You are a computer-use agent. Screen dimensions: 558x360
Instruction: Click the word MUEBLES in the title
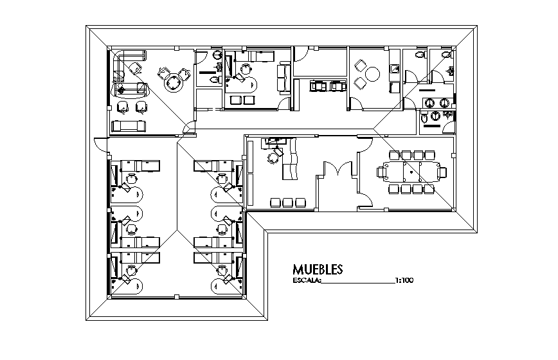tap(318, 269)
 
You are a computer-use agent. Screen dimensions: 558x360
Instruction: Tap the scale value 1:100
tap(404, 280)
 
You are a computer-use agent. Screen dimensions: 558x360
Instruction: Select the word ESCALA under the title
tap(307, 280)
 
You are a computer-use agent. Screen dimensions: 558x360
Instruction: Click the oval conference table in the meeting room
tap(411, 172)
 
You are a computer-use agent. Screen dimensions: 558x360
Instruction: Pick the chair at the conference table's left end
tap(381, 172)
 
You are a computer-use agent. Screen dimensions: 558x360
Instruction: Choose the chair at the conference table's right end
tap(442, 172)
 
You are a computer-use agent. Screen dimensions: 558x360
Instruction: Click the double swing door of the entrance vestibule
tap(337, 168)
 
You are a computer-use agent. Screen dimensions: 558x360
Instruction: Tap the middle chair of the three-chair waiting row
tap(287, 203)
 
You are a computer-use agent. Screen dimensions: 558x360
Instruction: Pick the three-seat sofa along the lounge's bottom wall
tap(129, 126)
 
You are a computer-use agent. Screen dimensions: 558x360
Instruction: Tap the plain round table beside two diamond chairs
tap(373, 74)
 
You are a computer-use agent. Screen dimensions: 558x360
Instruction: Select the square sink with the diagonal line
tap(394, 69)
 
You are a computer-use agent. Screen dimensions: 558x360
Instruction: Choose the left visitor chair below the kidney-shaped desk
tap(235, 100)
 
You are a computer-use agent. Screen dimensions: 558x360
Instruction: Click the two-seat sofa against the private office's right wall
tap(284, 78)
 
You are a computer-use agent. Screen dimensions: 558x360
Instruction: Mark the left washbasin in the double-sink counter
tap(429, 103)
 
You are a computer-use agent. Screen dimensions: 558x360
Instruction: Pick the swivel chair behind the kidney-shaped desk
tap(245, 68)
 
